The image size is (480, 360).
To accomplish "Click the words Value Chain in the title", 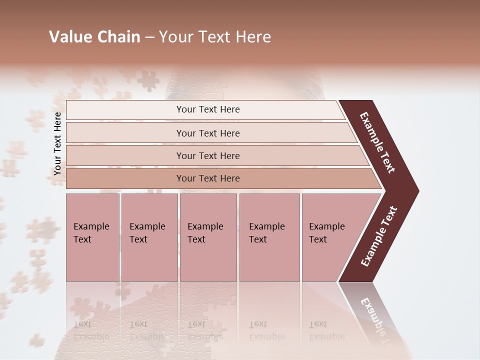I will point(94,37).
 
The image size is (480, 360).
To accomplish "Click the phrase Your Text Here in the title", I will point(215,37).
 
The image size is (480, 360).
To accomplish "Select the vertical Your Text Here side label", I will point(57,143).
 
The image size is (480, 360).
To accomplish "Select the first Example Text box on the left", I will point(92,237).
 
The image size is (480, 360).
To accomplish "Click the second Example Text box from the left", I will point(149,237).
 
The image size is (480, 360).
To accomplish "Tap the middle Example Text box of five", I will point(208,237).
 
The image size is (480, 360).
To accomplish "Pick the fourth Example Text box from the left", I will point(269,237).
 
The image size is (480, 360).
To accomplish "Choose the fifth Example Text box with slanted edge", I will point(330,237).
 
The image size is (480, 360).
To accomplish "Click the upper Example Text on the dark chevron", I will point(377,142).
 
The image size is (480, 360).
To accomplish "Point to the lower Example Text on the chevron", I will point(379,236).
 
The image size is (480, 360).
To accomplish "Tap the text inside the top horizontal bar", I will point(208,109).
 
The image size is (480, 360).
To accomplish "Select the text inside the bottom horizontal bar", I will point(208,178).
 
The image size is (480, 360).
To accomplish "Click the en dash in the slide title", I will point(149,37).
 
